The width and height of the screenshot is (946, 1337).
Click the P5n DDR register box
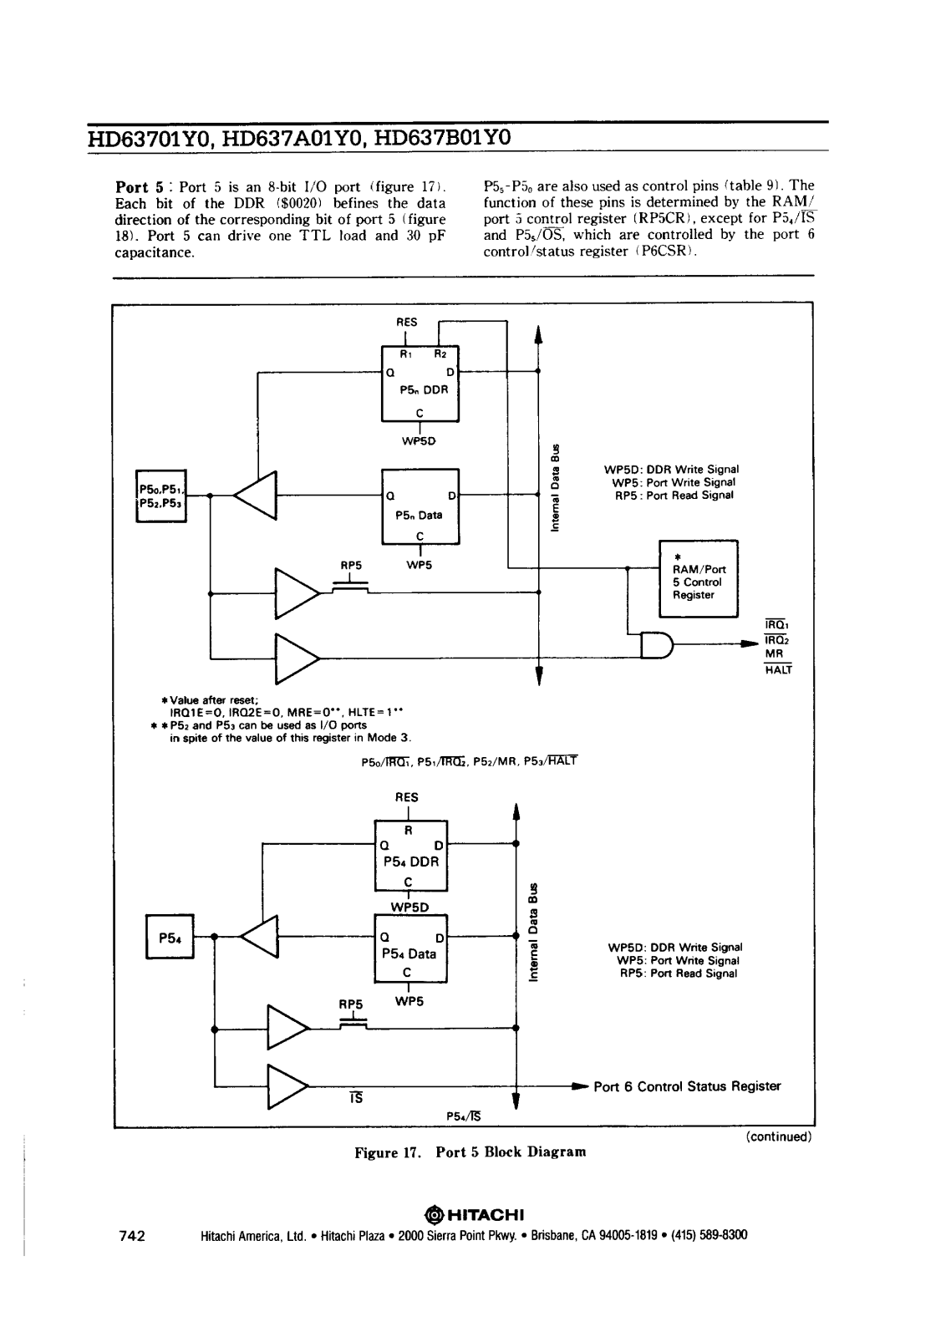point(420,384)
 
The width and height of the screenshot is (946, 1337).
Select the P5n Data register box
point(420,506)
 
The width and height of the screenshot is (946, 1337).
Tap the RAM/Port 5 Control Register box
point(699,578)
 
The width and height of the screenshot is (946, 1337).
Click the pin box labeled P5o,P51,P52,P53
point(161,496)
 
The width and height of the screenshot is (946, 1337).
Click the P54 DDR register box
point(410,856)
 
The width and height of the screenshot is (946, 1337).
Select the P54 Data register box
point(410,948)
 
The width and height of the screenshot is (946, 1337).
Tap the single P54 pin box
point(170,937)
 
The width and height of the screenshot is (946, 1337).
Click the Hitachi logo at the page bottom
point(474,1215)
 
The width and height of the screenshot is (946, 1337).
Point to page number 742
point(132,1236)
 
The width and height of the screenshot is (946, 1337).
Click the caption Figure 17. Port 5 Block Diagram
point(470,1152)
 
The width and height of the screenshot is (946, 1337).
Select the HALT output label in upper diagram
point(778,669)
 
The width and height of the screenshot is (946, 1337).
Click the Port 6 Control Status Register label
point(687,1086)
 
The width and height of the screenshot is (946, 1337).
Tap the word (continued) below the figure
point(779,1136)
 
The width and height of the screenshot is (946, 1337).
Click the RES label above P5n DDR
point(407,323)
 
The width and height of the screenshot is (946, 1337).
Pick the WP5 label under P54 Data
point(409,1001)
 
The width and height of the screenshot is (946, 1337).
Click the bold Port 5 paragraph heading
point(139,187)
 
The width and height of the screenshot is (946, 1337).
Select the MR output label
point(774,654)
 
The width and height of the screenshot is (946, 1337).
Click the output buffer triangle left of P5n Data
point(255,496)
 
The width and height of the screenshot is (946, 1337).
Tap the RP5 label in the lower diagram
point(351,1004)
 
